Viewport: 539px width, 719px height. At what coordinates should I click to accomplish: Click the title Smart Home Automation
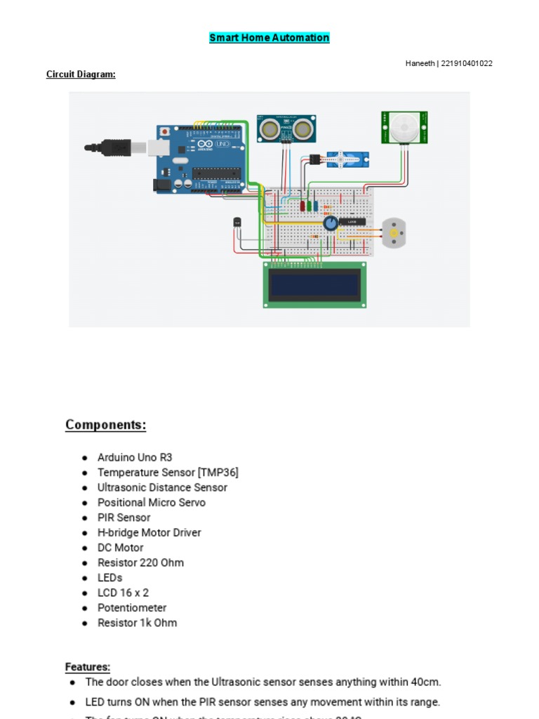(269, 38)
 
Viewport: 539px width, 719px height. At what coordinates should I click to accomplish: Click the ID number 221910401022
(467, 63)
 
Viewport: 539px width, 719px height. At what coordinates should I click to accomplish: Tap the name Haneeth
(420, 63)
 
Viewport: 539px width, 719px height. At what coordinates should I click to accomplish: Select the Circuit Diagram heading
(81, 74)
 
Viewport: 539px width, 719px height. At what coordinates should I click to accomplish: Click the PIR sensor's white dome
(404, 127)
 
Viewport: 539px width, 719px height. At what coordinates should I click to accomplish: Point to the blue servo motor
(348, 159)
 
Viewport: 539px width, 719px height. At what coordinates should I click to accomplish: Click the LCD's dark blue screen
(315, 284)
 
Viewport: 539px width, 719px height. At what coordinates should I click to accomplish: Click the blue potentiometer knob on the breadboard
(331, 223)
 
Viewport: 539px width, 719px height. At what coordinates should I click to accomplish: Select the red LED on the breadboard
(303, 206)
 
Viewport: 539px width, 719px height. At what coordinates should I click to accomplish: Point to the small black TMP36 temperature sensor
(237, 222)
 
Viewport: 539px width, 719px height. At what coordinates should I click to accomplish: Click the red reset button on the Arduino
(164, 131)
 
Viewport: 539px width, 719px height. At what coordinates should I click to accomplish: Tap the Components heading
(105, 425)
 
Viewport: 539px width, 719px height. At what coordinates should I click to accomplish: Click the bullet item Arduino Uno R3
(135, 457)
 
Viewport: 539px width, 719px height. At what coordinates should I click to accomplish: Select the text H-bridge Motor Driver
(149, 532)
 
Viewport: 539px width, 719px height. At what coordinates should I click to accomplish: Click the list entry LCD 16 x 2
(123, 593)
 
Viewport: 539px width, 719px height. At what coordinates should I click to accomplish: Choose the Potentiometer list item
(132, 607)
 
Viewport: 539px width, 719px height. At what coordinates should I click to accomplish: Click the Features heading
(88, 667)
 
